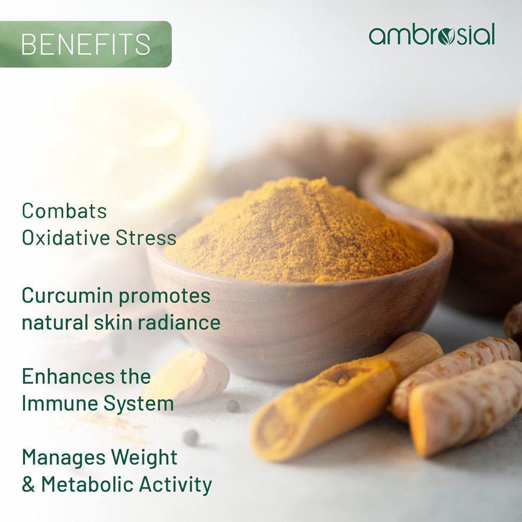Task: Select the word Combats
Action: coord(64,211)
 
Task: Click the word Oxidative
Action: coord(65,238)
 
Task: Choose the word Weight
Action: coord(144,458)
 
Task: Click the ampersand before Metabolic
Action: coord(28,484)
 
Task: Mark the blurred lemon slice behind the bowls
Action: coord(141,141)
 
